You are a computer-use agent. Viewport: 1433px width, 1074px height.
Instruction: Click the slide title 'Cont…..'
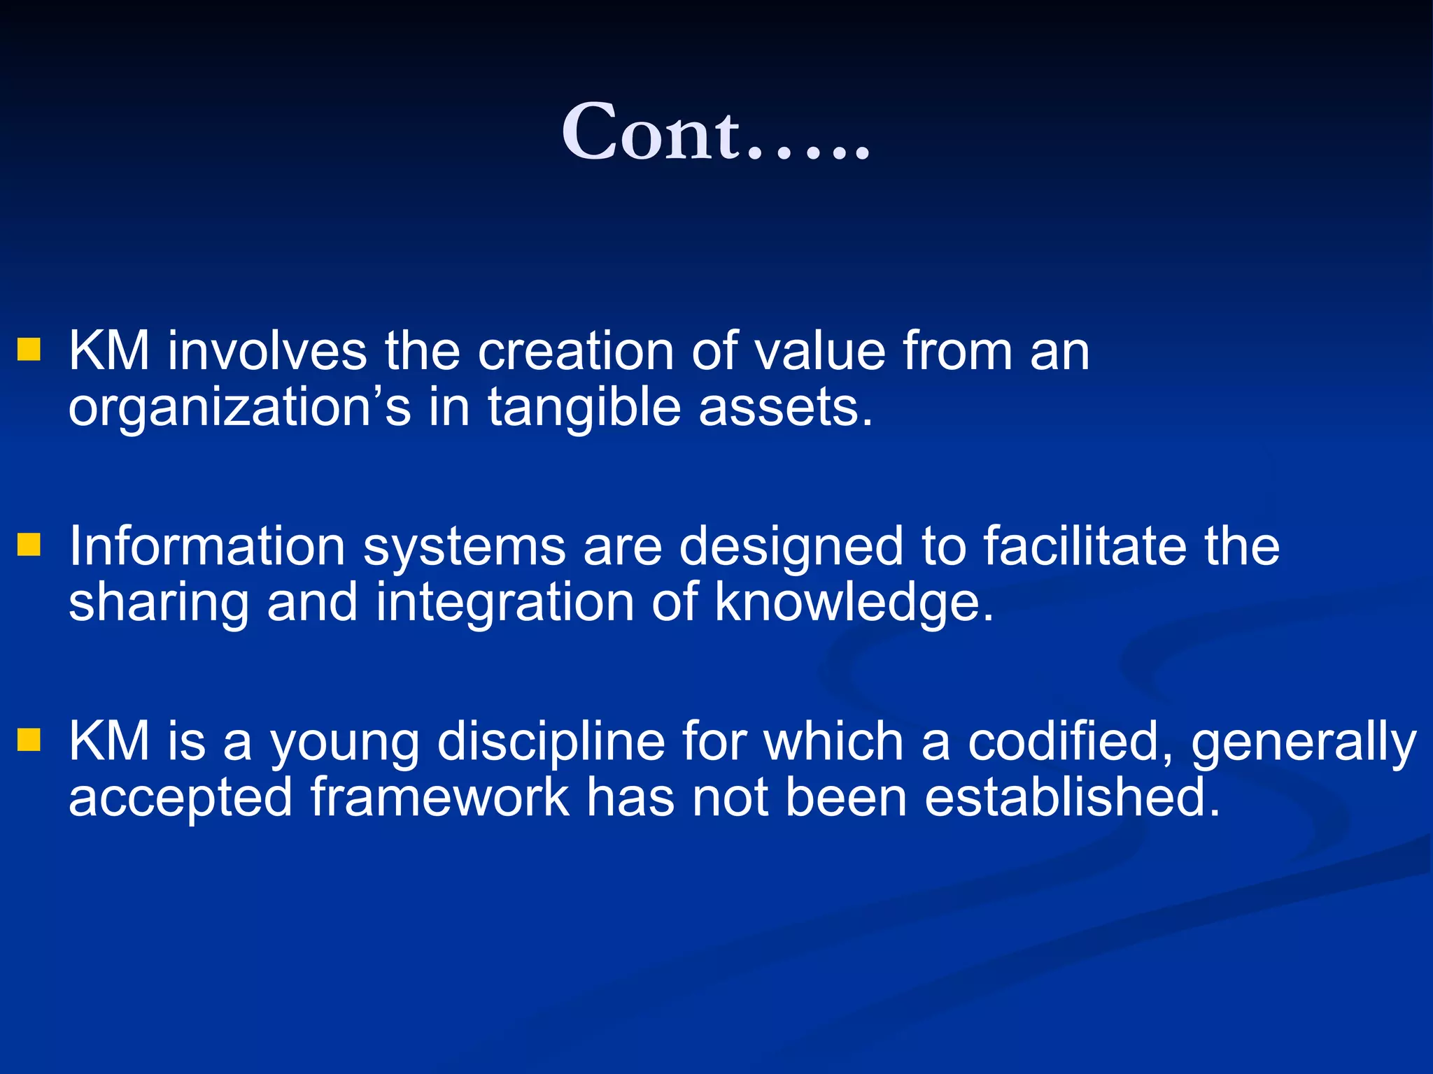[716, 131]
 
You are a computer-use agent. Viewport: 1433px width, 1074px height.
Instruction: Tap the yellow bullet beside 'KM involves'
[29, 350]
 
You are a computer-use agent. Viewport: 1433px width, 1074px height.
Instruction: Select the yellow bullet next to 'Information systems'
[29, 545]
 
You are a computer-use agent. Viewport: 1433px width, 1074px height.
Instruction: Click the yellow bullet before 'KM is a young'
[29, 740]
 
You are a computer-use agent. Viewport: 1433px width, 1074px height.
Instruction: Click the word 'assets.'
[786, 408]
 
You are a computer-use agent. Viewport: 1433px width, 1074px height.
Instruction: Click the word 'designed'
[791, 547]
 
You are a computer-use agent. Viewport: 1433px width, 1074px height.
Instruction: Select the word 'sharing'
[159, 603]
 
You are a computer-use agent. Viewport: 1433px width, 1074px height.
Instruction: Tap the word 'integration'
[504, 603]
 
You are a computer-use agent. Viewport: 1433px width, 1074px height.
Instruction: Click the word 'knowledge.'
[854, 603]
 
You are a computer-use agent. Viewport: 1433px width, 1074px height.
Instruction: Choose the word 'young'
[344, 743]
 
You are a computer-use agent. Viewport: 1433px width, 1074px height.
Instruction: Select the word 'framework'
[439, 797]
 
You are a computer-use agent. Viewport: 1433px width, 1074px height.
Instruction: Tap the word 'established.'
[1072, 797]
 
